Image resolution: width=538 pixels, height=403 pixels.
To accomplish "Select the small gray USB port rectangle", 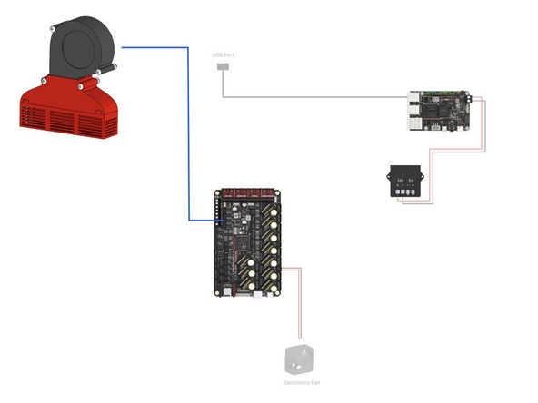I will point(222,67).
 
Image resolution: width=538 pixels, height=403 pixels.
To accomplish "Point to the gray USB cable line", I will point(318,95).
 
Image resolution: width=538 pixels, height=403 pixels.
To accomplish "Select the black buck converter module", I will point(404,182).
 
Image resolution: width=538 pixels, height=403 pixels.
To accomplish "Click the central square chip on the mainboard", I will point(240,241).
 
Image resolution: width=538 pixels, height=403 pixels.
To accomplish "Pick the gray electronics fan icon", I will point(297,360).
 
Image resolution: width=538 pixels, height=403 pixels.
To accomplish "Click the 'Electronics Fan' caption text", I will point(297,383).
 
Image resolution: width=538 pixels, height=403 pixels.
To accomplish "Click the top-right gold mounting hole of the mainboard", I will point(278,194).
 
